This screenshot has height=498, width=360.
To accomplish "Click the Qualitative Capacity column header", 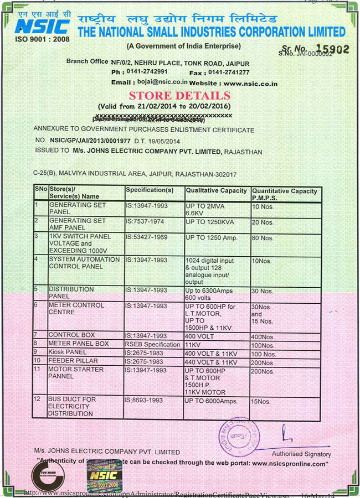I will [217, 190].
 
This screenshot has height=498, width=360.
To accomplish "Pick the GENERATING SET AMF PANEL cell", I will [78, 224].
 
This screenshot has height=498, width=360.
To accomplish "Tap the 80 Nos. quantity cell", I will [263, 238].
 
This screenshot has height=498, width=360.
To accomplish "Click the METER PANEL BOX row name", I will [79, 344].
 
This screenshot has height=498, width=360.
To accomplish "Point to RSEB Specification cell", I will [153, 344].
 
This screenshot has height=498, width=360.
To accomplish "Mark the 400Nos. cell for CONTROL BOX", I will [263, 336].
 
